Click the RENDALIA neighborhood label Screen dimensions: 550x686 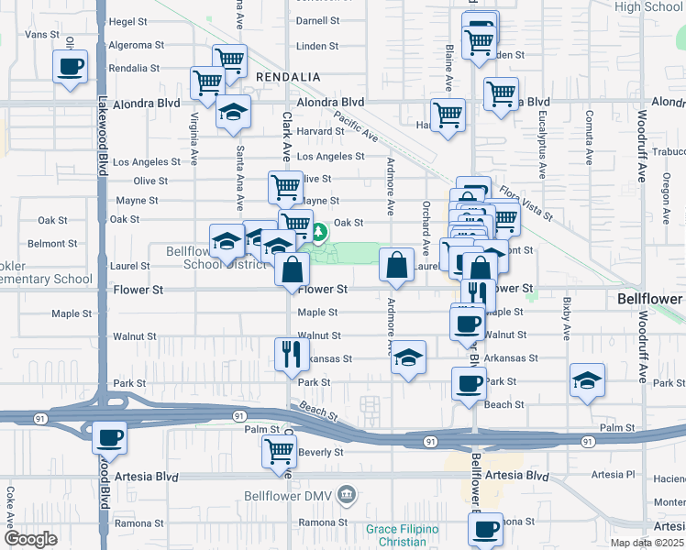tap(287, 77)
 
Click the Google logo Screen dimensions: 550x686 tap(30, 539)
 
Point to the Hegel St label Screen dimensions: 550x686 tap(127, 21)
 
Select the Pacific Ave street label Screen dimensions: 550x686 tap(356, 126)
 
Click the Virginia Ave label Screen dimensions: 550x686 tap(194, 138)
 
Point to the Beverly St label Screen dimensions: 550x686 tap(320, 452)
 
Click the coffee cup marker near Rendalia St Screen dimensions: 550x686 tap(71, 67)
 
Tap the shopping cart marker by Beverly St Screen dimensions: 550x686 tap(279, 450)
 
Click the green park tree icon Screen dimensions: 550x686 tap(319, 233)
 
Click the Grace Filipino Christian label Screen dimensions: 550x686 tap(402, 535)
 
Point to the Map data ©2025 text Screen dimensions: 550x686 tap(647, 543)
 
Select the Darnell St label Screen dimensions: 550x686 tap(317, 20)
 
